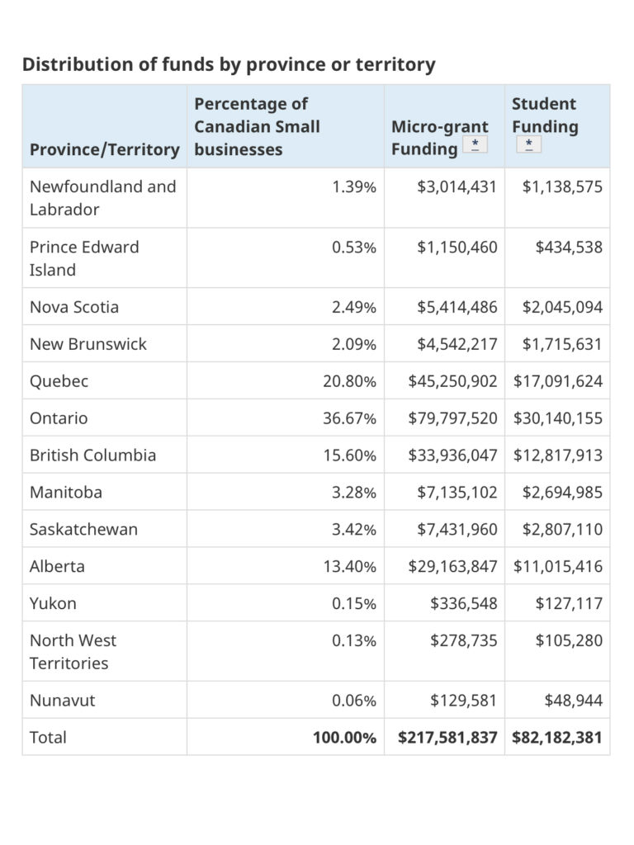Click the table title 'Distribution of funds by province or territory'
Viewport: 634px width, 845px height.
[229, 64]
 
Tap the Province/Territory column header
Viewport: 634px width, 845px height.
[105, 149]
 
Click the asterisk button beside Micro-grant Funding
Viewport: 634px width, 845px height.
[475, 144]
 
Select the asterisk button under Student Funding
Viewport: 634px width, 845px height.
[528, 144]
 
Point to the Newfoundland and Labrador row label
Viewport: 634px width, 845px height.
[103, 198]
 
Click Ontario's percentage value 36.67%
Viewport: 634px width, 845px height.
[349, 418]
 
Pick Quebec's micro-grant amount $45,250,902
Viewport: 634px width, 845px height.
[452, 381]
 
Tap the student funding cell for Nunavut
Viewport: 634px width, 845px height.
[573, 700]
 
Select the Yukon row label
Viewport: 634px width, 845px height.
[53, 603]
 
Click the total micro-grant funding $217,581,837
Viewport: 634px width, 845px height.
[447, 737]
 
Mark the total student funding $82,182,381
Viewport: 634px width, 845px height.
[557, 737]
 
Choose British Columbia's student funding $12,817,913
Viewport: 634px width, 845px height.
[558, 456]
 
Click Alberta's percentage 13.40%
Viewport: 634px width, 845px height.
[349, 566]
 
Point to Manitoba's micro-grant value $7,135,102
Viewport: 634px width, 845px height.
[457, 492]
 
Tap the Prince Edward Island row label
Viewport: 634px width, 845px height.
[84, 258]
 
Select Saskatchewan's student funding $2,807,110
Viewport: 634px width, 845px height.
[562, 529]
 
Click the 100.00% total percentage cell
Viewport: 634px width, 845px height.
[344, 737]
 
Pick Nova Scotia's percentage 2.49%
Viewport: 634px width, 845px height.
[353, 307]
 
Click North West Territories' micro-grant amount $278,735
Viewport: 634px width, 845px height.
[464, 640]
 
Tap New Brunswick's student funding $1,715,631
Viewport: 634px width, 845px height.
[562, 344]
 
